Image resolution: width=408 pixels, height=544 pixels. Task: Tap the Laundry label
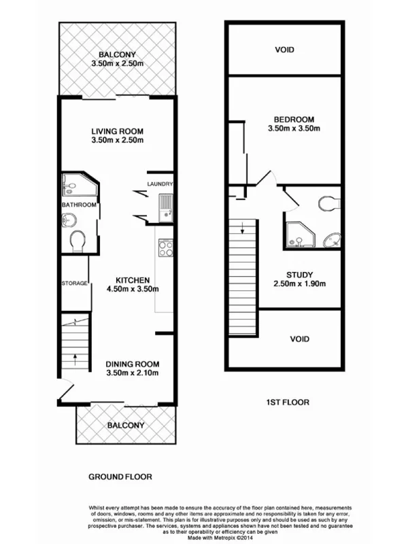[x=160, y=184]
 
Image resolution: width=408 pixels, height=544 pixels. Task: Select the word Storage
[x=75, y=283]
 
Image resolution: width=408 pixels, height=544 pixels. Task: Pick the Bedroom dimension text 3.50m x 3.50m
[x=293, y=128]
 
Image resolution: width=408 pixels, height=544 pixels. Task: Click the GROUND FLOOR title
[x=120, y=477]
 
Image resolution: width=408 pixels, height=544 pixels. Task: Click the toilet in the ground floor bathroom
[x=78, y=241]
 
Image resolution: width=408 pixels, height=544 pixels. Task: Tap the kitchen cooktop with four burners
[x=165, y=248]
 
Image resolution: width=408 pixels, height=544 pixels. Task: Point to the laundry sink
[x=165, y=205]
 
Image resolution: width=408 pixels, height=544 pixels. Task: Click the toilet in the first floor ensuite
[x=329, y=203]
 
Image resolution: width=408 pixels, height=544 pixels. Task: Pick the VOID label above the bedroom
[x=284, y=49]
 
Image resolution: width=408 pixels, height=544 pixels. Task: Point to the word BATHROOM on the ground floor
[x=79, y=205]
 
